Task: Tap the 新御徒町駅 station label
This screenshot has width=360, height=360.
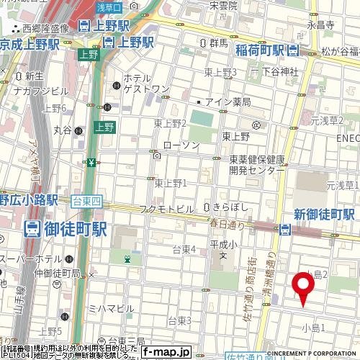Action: (324, 215)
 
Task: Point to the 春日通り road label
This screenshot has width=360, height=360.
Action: (228, 225)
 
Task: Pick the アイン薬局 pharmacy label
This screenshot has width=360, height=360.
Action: (227, 102)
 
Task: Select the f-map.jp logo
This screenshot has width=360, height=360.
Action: (166, 352)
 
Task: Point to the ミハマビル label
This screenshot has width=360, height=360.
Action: (111, 309)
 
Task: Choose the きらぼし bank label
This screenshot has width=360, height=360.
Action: (230, 207)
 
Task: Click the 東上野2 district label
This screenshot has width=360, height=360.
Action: (171, 124)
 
